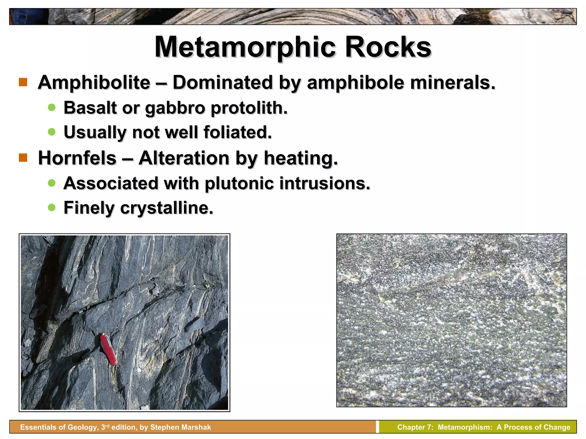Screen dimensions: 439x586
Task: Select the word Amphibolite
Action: [x=94, y=83]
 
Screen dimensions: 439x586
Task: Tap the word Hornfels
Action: [x=77, y=158]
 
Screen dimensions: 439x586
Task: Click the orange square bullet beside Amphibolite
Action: [x=23, y=82]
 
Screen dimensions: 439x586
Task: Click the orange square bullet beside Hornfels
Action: [x=23, y=158]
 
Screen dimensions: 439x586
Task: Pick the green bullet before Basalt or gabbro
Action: [x=52, y=107]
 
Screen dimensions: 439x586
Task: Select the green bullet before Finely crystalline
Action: [x=52, y=207]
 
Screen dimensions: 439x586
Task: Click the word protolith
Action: [x=249, y=108]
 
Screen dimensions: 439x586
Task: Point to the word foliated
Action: [x=237, y=132]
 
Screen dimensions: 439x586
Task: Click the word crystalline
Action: [x=167, y=208]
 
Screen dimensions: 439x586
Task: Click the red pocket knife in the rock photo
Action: [x=108, y=349]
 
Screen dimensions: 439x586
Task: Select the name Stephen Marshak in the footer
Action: [x=181, y=427]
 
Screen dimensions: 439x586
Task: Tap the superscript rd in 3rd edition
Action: [x=107, y=426]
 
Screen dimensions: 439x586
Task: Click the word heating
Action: [x=301, y=158]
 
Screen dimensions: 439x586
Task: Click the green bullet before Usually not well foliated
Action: [x=52, y=132]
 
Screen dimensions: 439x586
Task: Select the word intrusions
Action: [x=325, y=183]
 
